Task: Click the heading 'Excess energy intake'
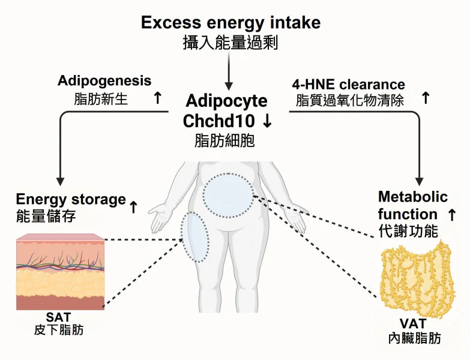(230, 23)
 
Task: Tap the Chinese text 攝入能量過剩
(230, 42)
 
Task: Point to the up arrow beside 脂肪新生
(158, 98)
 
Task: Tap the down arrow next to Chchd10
(267, 120)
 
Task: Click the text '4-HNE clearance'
(348, 84)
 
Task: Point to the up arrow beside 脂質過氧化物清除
(426, 98)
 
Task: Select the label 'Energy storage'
(71, 199)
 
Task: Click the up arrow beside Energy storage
(133, 208)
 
